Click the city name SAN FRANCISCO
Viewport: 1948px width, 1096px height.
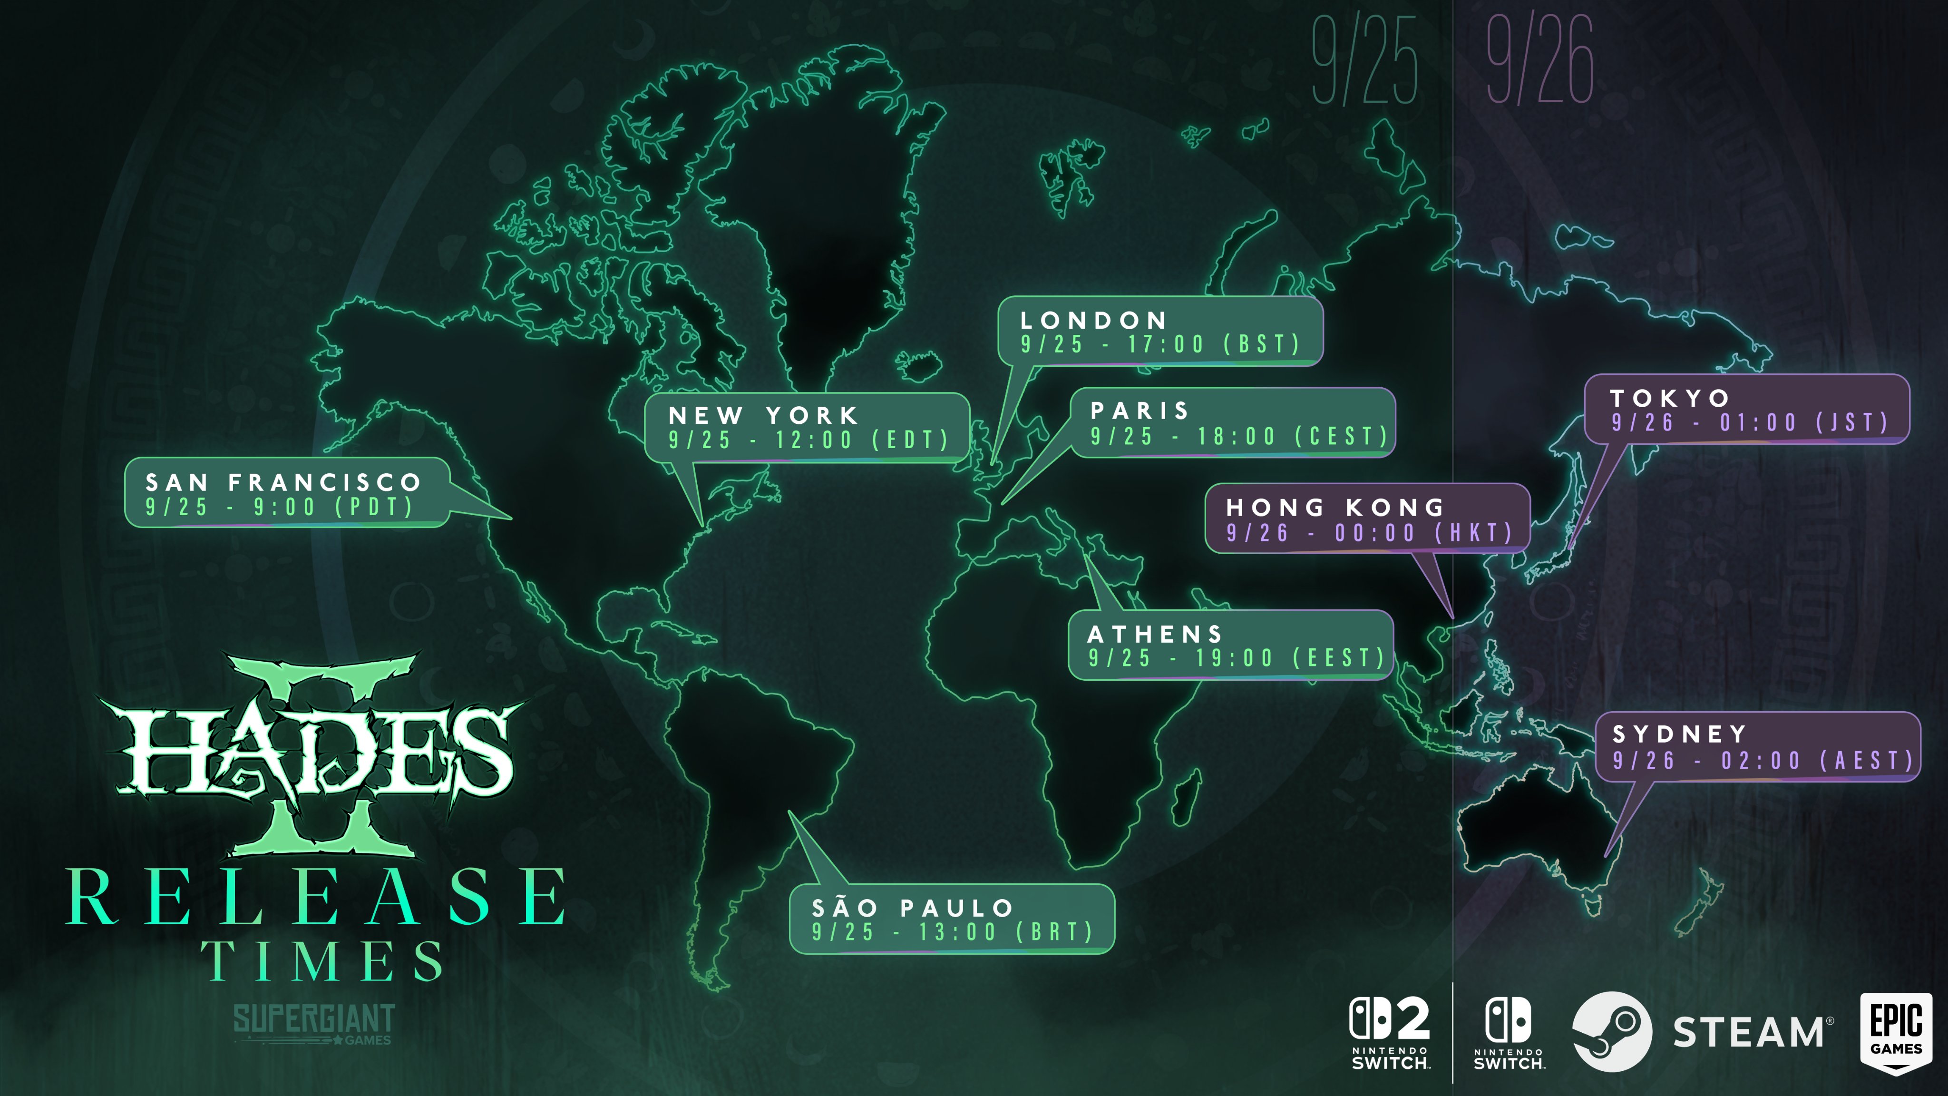click(x=283, y=482)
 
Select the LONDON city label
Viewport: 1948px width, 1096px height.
click(x=1093, y=321)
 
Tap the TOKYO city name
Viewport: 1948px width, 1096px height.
click(x=1670, y=398)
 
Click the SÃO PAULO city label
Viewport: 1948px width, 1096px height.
click(x=913, y=908)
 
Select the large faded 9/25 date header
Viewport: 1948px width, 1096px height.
click(x=1364, y=60)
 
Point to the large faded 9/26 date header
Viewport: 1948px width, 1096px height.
click(x=1539, y=60)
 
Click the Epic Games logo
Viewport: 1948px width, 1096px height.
click(x=1896, y=1032)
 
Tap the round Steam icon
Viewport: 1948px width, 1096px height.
click(x=1611, y=1032)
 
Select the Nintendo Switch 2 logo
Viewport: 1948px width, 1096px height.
click(x=1390, y=1032)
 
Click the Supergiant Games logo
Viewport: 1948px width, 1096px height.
click(x=314, y=1023)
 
